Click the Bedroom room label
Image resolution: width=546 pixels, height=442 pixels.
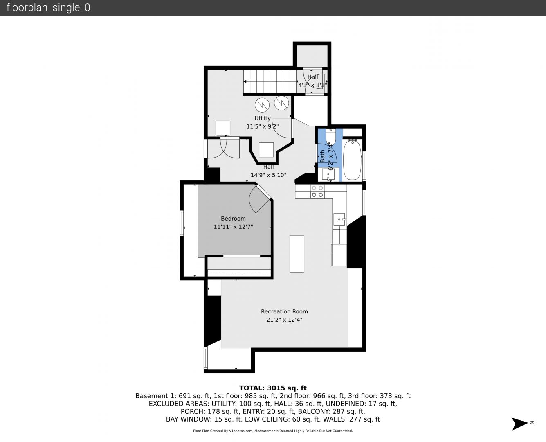[233, 219]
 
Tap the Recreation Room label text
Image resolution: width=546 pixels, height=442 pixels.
[284, 311]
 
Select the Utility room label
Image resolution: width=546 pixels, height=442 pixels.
[263, 118]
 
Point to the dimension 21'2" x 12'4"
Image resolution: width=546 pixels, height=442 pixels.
[284, 320]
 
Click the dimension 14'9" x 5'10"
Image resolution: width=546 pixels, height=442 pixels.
[268, 175]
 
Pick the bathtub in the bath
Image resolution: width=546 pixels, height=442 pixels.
[352, 160]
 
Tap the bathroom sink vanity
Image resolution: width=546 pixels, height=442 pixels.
[328, 174]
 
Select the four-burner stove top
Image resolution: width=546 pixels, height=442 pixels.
[317, 192]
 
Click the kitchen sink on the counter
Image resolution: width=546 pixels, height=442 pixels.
[339, 219]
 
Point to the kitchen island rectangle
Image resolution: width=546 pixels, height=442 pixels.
[297, 254]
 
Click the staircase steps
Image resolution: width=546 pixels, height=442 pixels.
[270, 81]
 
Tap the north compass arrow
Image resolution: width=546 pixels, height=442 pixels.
[519, 424]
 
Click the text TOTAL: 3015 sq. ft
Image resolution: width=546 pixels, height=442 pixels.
[273, 388]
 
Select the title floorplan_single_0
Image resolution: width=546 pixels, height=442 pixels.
[48, 7]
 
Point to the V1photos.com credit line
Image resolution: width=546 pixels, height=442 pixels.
[273, 431]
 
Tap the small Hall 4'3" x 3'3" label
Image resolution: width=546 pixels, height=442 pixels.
[312, 81]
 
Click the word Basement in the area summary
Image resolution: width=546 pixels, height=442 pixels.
[148, 396]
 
